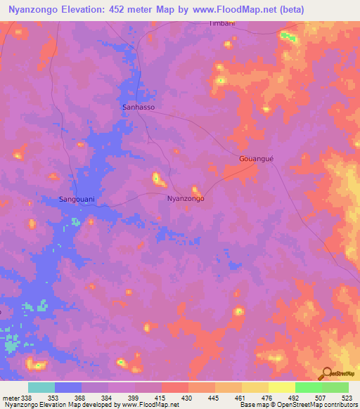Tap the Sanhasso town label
tap(138, 108)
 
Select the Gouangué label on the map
tap(255, 159)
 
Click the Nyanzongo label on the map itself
tap(186, 199)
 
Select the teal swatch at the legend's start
tap(41, 387)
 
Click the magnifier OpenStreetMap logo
tap(326, 374)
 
